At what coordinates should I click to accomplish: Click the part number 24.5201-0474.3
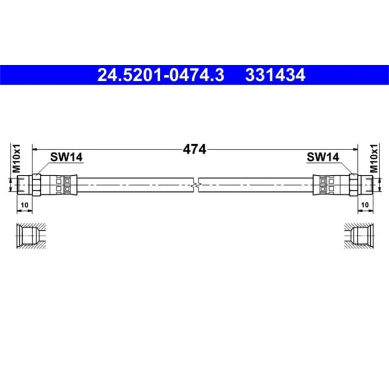point(161,75)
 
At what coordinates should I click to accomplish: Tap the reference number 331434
point(275,75)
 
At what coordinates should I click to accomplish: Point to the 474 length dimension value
point(195,149)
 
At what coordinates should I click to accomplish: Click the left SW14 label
point(66,157)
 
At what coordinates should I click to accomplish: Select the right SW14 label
point(323,157)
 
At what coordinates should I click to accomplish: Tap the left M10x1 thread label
point(17,158)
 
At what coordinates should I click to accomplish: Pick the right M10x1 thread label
point(373,158)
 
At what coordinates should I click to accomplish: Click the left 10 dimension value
point(24,205)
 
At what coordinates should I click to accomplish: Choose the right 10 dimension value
point(365,205)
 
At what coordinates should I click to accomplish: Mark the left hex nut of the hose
point(36,185)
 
